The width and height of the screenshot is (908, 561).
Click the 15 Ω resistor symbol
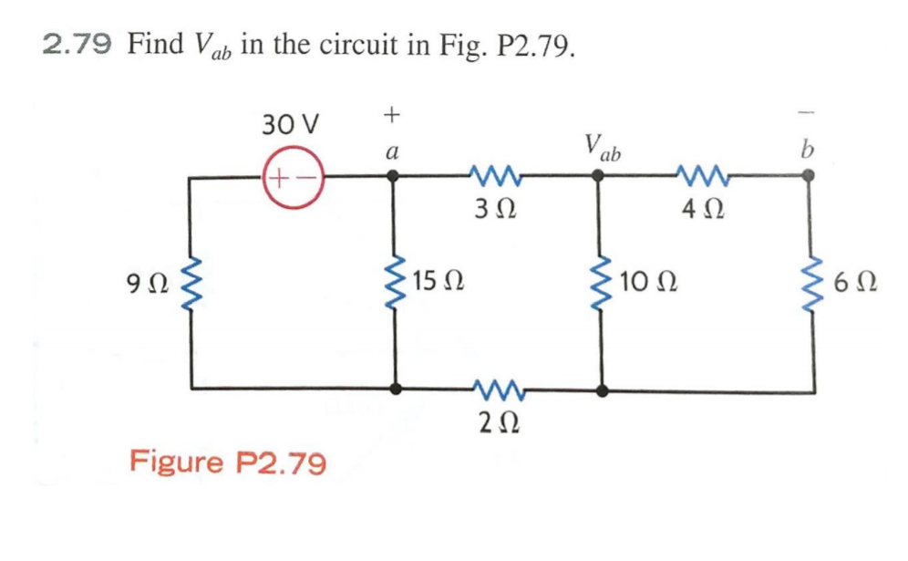pyautogui.click(x=395, y=284)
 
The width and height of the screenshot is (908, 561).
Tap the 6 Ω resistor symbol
pyautogui.click(x=807, y=284)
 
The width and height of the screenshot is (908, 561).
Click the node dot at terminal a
pyautogui.click(x=394, y=179)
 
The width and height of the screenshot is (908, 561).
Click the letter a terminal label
pyautogui.click(x=392, y=152)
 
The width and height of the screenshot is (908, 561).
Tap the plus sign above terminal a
pyautogui.click(x=392, y=115)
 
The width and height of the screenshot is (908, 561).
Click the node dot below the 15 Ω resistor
pyautogui.click(x=394, y=390)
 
